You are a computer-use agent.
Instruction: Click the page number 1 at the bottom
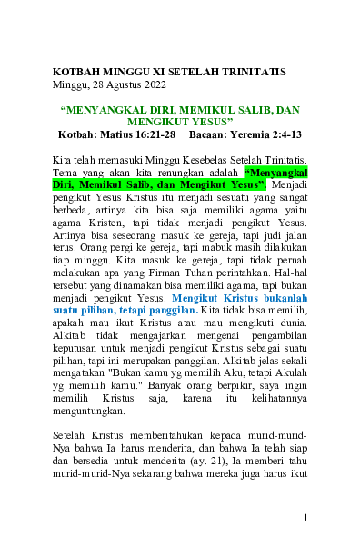coord(306,518)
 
